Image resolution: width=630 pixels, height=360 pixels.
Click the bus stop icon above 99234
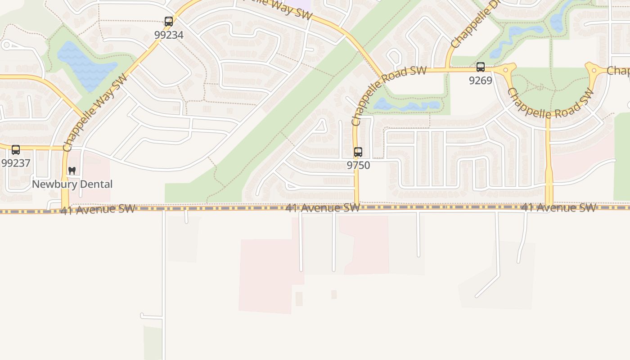point(169,21)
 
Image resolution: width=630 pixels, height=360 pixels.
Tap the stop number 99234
point(169,35)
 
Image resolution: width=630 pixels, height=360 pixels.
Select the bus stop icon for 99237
point(16,150)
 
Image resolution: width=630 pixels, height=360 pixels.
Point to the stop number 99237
point(16,163)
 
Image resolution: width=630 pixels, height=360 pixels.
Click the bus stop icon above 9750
point(358,152)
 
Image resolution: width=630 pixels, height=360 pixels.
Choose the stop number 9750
point(358,165)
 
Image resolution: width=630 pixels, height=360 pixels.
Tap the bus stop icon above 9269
point(481,67)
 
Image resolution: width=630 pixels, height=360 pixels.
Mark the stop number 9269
point(481,81)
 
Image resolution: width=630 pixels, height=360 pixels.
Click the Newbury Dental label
point(72,184)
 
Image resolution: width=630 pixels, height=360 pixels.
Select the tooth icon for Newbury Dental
point(72,171)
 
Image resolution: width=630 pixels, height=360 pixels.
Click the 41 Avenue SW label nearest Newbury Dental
point(98,209)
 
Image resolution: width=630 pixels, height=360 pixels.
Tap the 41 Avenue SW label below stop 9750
point(323,207)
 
